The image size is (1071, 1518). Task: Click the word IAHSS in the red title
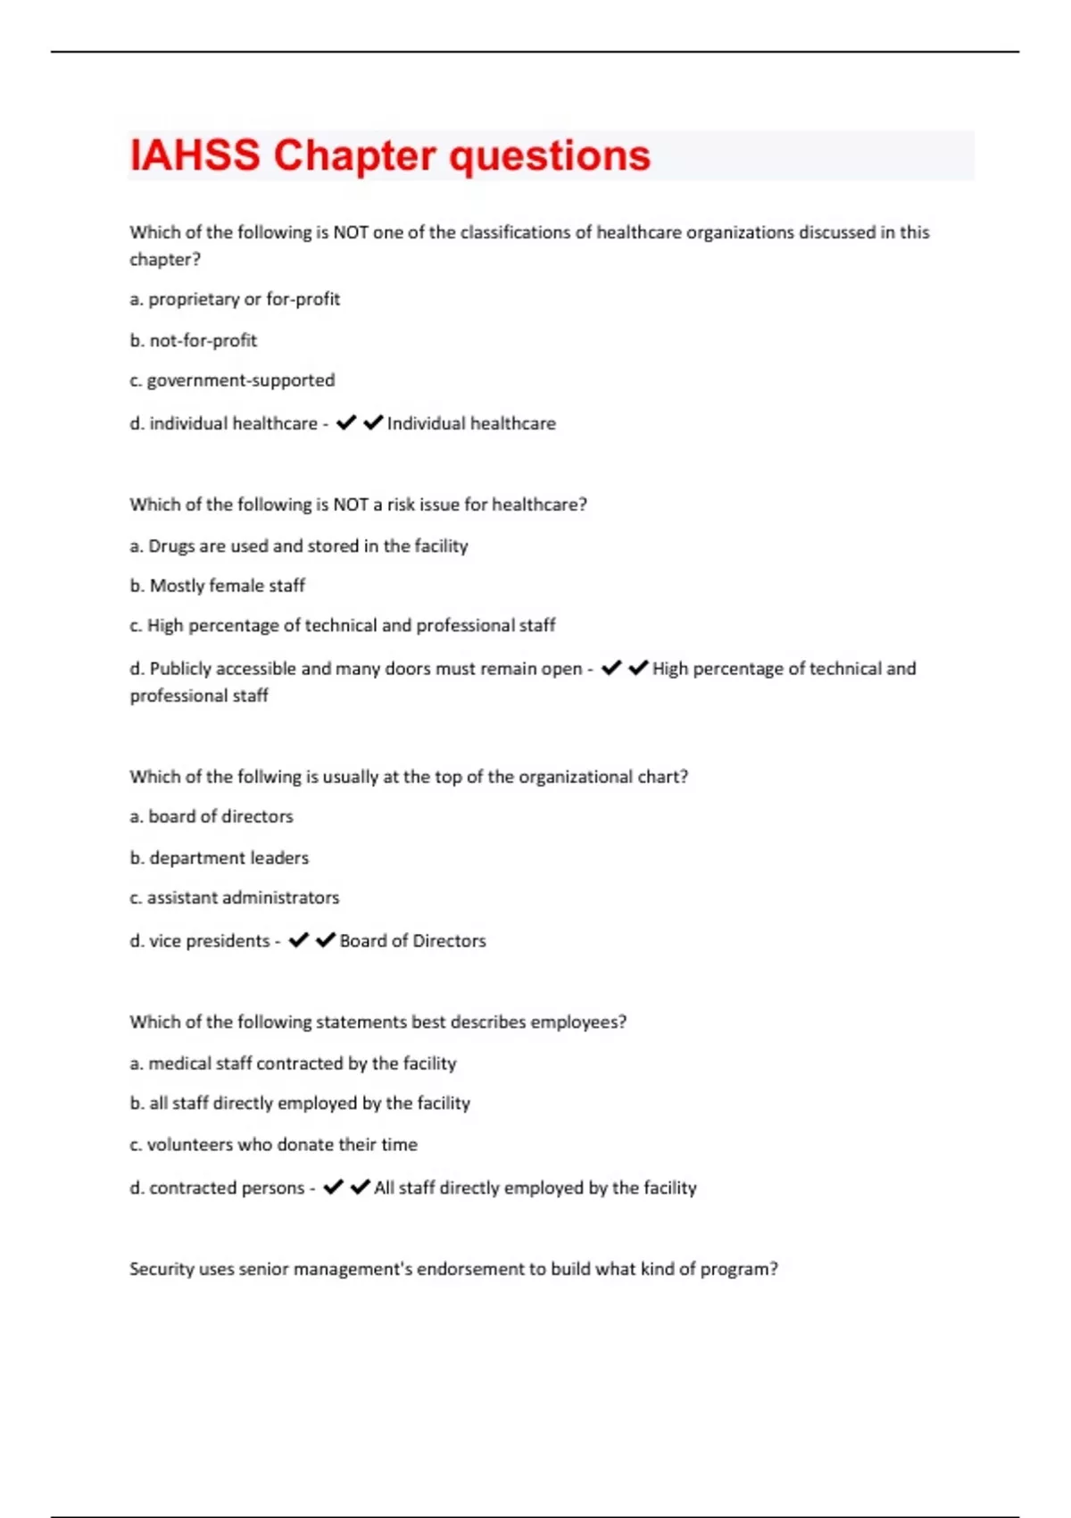pyautogui.click(x=195, y=155)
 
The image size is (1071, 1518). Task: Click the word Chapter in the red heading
pyautogui.click(x=355, y=155)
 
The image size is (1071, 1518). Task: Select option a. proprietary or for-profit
pyautogui.click(x=235, y=299)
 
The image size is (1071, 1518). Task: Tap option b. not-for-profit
pyautogui.click(x=194, y=340)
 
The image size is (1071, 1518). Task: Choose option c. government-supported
pyautogui.click(x=232, y=380)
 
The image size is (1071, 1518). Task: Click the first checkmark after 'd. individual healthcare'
pyautogui.click(x=345, y=422)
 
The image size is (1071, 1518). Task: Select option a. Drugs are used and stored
pyautogui.click(x=299, y=546)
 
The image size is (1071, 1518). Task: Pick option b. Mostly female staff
pyautogui.click(x=218, y=586)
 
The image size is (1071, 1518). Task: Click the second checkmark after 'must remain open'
pyautogui.click(x=638, y=668)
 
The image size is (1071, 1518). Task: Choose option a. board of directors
pyautogui.click(x=212, y=816)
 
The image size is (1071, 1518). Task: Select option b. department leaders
pyautogui.click(x=220, y=858)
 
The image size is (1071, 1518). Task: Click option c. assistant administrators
pyautogui.click(x=235, y=897)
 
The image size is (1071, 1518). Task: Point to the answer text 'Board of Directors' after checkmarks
pyautogui.click(x=412, y=940)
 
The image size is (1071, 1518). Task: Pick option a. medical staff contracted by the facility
pyautogui.click(x=293, y=1063)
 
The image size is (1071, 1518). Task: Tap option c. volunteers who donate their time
pyautogui.click(x=273, y=1145)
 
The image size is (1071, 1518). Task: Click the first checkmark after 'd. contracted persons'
pyautogui.click(x=333, y=1187)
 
